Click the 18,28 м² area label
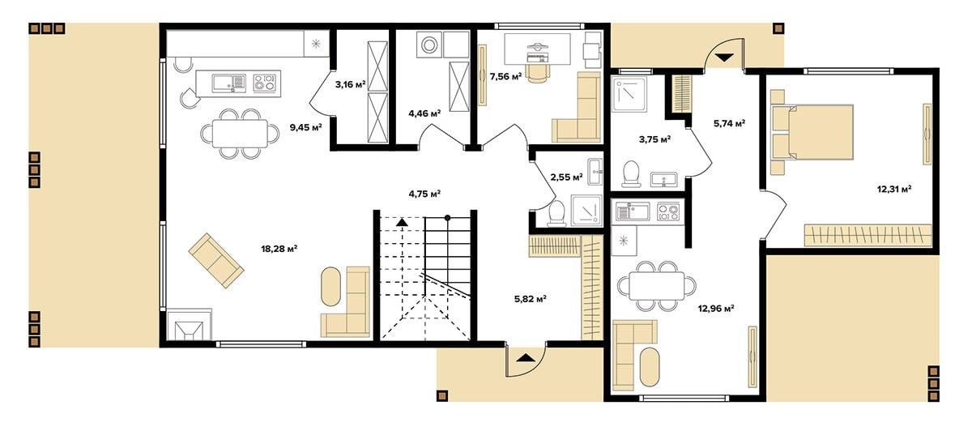(279, 249)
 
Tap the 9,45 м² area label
(306, 127)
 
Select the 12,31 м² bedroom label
(894, 190)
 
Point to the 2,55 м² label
(566, 177)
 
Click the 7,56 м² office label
(505, 77)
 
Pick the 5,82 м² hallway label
(531, 299)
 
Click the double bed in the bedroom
(812, 132)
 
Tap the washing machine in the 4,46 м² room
(429, 45)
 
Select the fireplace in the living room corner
(190, 325)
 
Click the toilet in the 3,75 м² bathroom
(631, 173)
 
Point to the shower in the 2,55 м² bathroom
(586, 211)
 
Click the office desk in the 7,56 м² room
(538, 49)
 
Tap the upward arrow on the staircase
(403, 222)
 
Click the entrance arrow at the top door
(723, 58)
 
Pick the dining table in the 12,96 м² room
(657, 286)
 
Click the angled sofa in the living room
(215, 260)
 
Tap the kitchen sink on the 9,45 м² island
(228, 83)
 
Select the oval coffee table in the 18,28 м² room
(330, 287)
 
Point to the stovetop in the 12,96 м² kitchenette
(667, 211)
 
